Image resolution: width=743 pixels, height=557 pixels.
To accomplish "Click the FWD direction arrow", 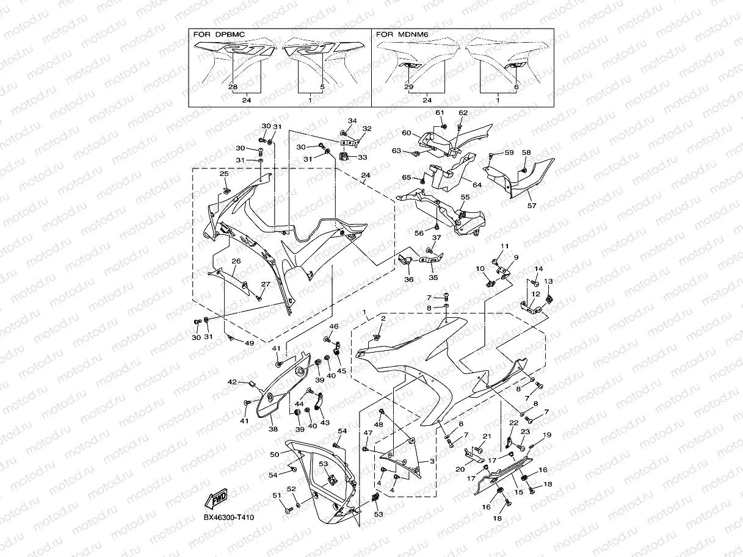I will [217, 500].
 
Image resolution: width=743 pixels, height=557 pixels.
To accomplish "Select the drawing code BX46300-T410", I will [229, 518].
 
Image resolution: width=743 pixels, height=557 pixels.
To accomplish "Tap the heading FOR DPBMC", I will [219, 35].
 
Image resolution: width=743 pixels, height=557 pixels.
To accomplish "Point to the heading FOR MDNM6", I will [402, 35].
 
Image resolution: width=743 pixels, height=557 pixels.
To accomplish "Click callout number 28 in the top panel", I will [233, 87].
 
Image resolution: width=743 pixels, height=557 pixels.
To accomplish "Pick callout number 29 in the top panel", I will [408, 87].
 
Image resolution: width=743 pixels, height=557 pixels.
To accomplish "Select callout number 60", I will [407, 132].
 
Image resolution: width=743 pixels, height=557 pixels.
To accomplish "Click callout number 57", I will [532, 206].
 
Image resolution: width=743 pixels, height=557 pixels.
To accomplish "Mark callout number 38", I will [273, 428].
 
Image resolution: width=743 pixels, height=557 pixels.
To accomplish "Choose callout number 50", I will [275, 455].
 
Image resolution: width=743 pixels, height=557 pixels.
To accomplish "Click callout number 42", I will [232, 382].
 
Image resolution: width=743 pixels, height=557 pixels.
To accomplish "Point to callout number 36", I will [408, 279].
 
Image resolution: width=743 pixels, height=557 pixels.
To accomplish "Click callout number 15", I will [520, 492].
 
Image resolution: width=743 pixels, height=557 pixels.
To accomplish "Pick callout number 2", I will [383, 318].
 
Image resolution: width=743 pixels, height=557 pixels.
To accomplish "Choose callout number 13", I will [548, 281].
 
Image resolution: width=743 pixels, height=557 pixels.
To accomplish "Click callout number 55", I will [465, 197].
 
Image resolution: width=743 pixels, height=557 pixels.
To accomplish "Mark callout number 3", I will [432, 462].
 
